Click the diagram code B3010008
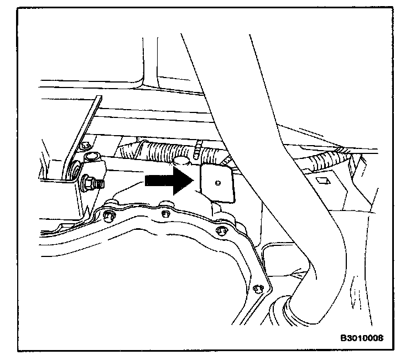pos(362,337)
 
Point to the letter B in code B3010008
pos(344,337)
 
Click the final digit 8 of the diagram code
pos(381,337)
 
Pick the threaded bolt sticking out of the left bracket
pos(91,182)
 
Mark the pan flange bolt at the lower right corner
pos(256,289)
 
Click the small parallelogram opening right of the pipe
pos(322,181)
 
